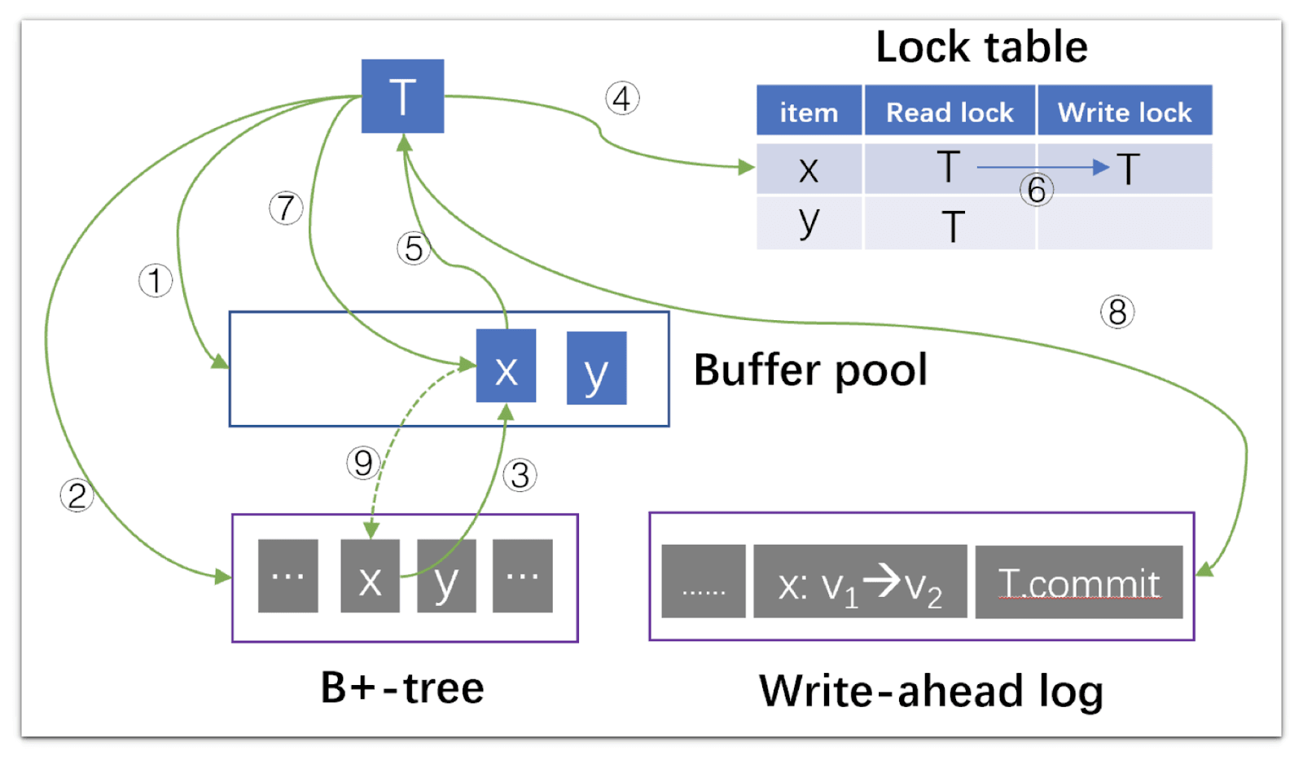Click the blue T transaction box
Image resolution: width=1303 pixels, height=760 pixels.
point(402,96)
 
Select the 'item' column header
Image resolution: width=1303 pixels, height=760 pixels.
point(809,112)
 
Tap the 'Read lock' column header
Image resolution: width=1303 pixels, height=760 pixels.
point(950,112)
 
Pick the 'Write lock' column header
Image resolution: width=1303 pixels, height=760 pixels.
point(1124,112)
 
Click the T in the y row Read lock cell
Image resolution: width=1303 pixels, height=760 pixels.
point(952,226)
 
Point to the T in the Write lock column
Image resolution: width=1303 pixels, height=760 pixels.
point(1128,169)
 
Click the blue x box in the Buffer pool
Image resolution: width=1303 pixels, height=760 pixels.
point(506,366)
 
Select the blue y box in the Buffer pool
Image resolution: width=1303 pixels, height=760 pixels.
point(596,368)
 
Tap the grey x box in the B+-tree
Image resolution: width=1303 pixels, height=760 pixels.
point(370,576)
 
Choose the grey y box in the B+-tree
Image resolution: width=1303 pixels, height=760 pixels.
point(446,576)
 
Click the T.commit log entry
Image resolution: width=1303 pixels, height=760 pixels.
point(1078,582)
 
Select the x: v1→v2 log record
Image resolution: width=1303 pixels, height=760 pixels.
point(860,582)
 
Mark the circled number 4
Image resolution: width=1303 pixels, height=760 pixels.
point(622,99)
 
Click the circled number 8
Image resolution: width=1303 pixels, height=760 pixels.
point(1117,312)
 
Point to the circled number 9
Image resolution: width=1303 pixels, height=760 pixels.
point(363,463)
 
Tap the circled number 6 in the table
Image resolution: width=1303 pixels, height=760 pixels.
point(1037,191)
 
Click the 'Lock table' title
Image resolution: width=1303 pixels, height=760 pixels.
point(981,46)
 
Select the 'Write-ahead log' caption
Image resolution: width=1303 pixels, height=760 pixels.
point(931,691)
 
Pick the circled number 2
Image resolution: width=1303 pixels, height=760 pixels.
point(77,495)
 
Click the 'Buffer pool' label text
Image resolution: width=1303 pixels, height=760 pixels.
point(810,370)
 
